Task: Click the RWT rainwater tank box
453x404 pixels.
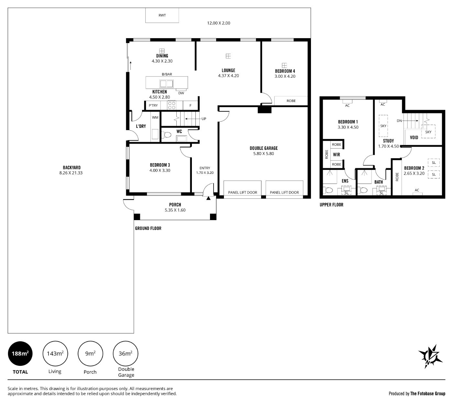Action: click(x=162, y=15)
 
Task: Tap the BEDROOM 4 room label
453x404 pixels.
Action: click(x=285, y=71)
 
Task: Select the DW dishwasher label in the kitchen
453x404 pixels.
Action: click(x=181, y=93)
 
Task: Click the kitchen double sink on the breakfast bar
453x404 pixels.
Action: click(x=167, y=84)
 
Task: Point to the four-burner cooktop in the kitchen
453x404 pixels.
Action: click(x=172, y=105)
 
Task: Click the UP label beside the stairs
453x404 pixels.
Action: click(x=204, y=119)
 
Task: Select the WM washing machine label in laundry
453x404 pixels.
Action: click(x=155, y=118)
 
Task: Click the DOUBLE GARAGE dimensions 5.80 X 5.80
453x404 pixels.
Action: click(x=264, y=154)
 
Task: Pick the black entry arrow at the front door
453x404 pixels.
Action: click(x=208, y=198)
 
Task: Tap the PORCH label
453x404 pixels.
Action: click(x=175, y=205)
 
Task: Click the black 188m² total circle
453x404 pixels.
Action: click(x=20, y=353)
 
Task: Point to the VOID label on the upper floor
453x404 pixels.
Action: click(x=414, y=138)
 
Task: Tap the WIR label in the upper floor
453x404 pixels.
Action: click(x=337, y=155)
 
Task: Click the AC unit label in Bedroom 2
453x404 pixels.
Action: click(x=417, y=190)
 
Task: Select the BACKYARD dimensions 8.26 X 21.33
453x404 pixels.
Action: click(x=71, y=173)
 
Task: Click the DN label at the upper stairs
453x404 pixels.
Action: click(x=399, y=121)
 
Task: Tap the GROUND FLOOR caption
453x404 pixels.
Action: click(x=148, y=229)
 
